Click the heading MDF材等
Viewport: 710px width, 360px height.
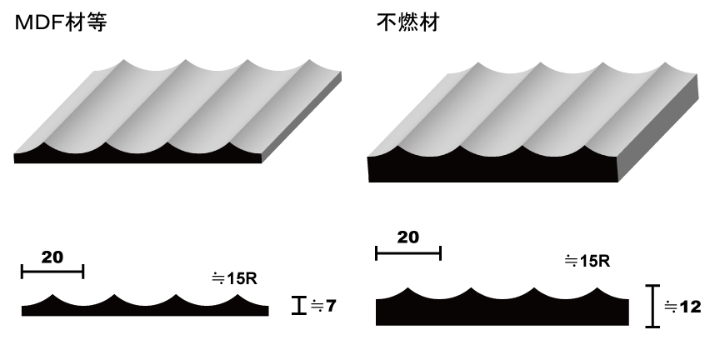[61, 22]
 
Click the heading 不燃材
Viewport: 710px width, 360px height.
[408, 22]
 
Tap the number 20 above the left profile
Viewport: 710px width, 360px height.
[52, 257]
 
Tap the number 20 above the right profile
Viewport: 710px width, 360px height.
[408, 237]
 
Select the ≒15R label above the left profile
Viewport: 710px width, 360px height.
[234, 278]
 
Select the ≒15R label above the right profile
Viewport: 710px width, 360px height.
[587, 261]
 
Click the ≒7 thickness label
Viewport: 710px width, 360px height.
[323, 306]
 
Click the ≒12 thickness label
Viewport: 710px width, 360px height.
[682, 307]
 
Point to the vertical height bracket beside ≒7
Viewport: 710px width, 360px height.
[299, 305]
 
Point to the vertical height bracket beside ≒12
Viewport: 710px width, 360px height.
[652, 306]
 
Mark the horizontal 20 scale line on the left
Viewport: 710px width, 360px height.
[52, 272]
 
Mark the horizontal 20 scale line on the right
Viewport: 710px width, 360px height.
[408, 253]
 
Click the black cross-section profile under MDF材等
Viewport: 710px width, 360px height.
[145, 309]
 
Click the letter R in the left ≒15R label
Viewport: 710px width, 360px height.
[252, 278]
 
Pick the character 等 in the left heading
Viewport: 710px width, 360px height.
[96, 22]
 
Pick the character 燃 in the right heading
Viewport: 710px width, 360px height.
[408, 22]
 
